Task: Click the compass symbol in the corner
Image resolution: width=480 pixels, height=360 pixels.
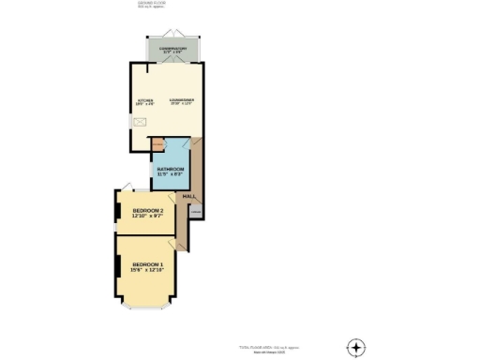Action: point(355,347)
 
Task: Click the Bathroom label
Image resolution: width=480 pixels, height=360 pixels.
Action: point(171,169)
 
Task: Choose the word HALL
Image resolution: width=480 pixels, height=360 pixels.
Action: point(187,196)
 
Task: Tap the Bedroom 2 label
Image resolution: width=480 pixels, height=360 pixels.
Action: point(148,210)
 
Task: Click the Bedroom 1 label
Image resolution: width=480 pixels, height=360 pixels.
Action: point(148,264)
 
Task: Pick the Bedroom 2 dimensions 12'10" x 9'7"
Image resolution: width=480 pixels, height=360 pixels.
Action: point(148,217)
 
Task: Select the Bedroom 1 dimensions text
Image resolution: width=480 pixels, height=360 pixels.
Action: point(148,271)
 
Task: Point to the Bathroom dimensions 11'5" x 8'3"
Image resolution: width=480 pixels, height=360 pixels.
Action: point(171,175)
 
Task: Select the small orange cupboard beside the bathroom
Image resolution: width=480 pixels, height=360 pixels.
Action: point(158,144)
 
